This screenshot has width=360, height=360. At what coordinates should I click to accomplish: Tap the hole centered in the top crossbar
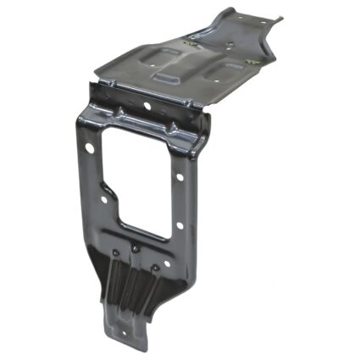[x=147, y=107]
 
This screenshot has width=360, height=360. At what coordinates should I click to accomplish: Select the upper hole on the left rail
[x=90, y=147]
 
